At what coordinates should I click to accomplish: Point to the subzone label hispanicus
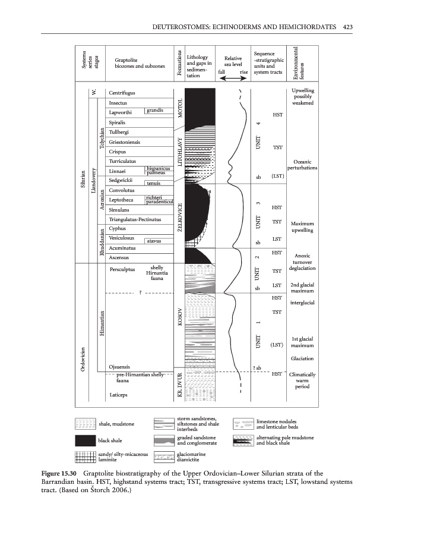pyautogui.click(x=157, y=168)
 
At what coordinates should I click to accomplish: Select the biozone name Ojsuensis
pyautogui.click(x=120, y=366)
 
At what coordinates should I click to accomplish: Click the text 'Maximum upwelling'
pyautogui.click(x=302, y=226)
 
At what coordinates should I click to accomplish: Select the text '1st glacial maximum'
pyautogui.click(x=302, y=342)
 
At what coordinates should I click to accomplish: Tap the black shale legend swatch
pyautogui.click(x=86, y=440)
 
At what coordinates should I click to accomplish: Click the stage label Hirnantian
pyautogui.click(x=103, y=325)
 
